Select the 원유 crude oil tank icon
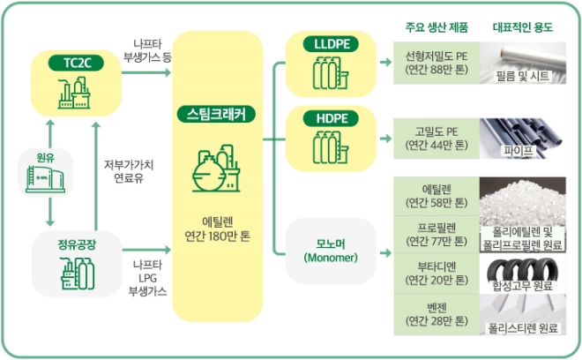(44, 176)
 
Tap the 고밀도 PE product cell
(436, 137)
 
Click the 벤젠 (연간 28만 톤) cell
(436, 319)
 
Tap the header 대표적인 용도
(523, 26)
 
